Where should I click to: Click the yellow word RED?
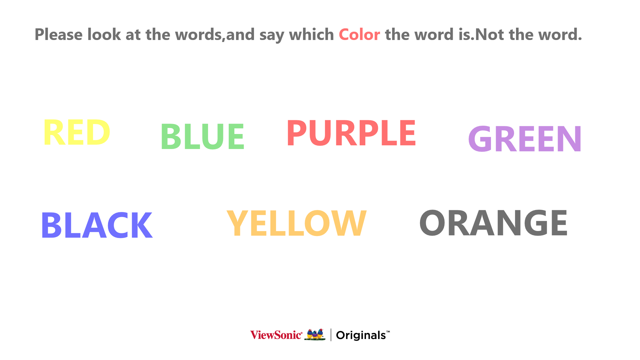click(77, 132)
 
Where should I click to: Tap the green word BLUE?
click(203, 136)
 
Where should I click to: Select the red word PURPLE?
click(351, 133)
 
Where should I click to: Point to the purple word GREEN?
click(525, 139)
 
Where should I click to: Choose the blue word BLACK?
click(97, 225)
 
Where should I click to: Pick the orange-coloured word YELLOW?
click(297, 223)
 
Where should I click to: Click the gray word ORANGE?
click(493, 223)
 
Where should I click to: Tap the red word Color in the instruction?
click(359, 35)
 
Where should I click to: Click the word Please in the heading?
click(59, 35)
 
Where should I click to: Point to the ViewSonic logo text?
click(276, 335)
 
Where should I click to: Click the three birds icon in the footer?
click(315, 335)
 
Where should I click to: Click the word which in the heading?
click(311, 35)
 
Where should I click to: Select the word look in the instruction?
click(104, 35)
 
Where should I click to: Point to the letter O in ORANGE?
click(432, 223)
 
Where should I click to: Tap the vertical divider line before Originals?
click(331, 335)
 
